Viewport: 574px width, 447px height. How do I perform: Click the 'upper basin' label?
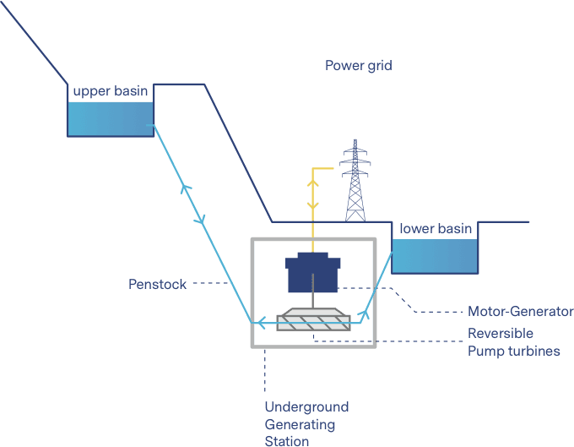(x=110, y=91)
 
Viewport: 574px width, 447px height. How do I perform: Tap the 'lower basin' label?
(x=436, y=229)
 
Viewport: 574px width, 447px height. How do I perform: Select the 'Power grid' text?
(x=358, y=66)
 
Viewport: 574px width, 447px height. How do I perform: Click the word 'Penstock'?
(x=157, y=284)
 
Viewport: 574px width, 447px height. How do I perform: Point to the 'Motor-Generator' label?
(x=520, y=311)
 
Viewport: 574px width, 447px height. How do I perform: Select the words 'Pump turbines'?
(x=513, y=350)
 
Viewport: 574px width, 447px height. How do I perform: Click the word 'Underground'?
(x=306, y=407)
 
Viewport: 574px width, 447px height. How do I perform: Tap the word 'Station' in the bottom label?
(x=287, y=440)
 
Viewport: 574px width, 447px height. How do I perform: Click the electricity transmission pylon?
(x=355, y=182)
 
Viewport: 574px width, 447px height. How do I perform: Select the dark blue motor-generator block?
(x=313, y=272)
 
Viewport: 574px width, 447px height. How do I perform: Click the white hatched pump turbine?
(x=314, y=319)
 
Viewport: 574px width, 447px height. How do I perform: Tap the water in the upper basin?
(x=110, y=119)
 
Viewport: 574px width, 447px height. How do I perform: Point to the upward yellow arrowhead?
(x=313, y=179)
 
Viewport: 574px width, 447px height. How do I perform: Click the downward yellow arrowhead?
(x=313, y=205)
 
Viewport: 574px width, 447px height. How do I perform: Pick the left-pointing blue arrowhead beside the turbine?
(x=262, y=321)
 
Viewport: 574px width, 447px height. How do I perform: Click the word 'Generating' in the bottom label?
(x=301, y=424)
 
